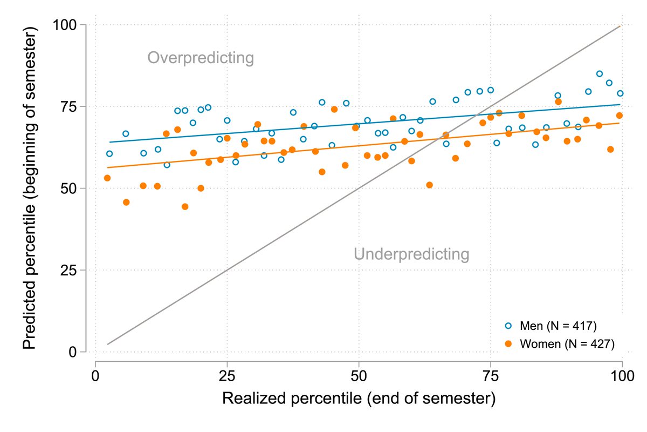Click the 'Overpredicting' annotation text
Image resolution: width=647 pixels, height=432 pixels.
[x=201, y=58]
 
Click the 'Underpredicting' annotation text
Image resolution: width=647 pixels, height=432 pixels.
[x=411, y=254]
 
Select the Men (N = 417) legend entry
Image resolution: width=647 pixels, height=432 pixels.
[x=557, y=326]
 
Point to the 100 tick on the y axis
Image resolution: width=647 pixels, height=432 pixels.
[x=68, y=25]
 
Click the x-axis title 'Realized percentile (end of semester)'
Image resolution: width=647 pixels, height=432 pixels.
[x=359, y=399]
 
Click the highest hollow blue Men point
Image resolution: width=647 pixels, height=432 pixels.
[x=600, y=73]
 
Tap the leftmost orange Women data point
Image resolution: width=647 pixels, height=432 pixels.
[x=107, y=178]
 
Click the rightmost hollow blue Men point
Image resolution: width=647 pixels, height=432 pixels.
[x=620, y=93]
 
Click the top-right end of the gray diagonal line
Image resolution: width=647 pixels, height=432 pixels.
[x=621, y=26]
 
